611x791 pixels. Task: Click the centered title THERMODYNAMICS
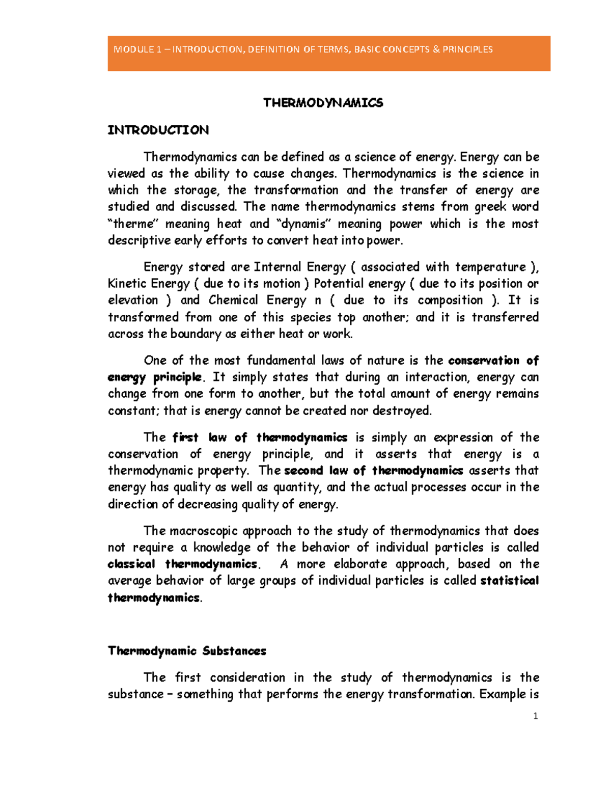click(323, 103)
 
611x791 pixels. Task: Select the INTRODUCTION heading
click(158, 130)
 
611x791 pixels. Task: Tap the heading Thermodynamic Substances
click(187, 651)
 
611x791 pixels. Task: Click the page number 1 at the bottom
click(535, 716)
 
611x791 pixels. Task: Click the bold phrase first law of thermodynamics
click(260, 438)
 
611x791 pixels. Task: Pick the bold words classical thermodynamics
click(183, 564)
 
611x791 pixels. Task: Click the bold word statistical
click(509, 581)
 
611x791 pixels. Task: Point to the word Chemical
click(233, 300)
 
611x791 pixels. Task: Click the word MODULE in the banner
click(133, 49)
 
